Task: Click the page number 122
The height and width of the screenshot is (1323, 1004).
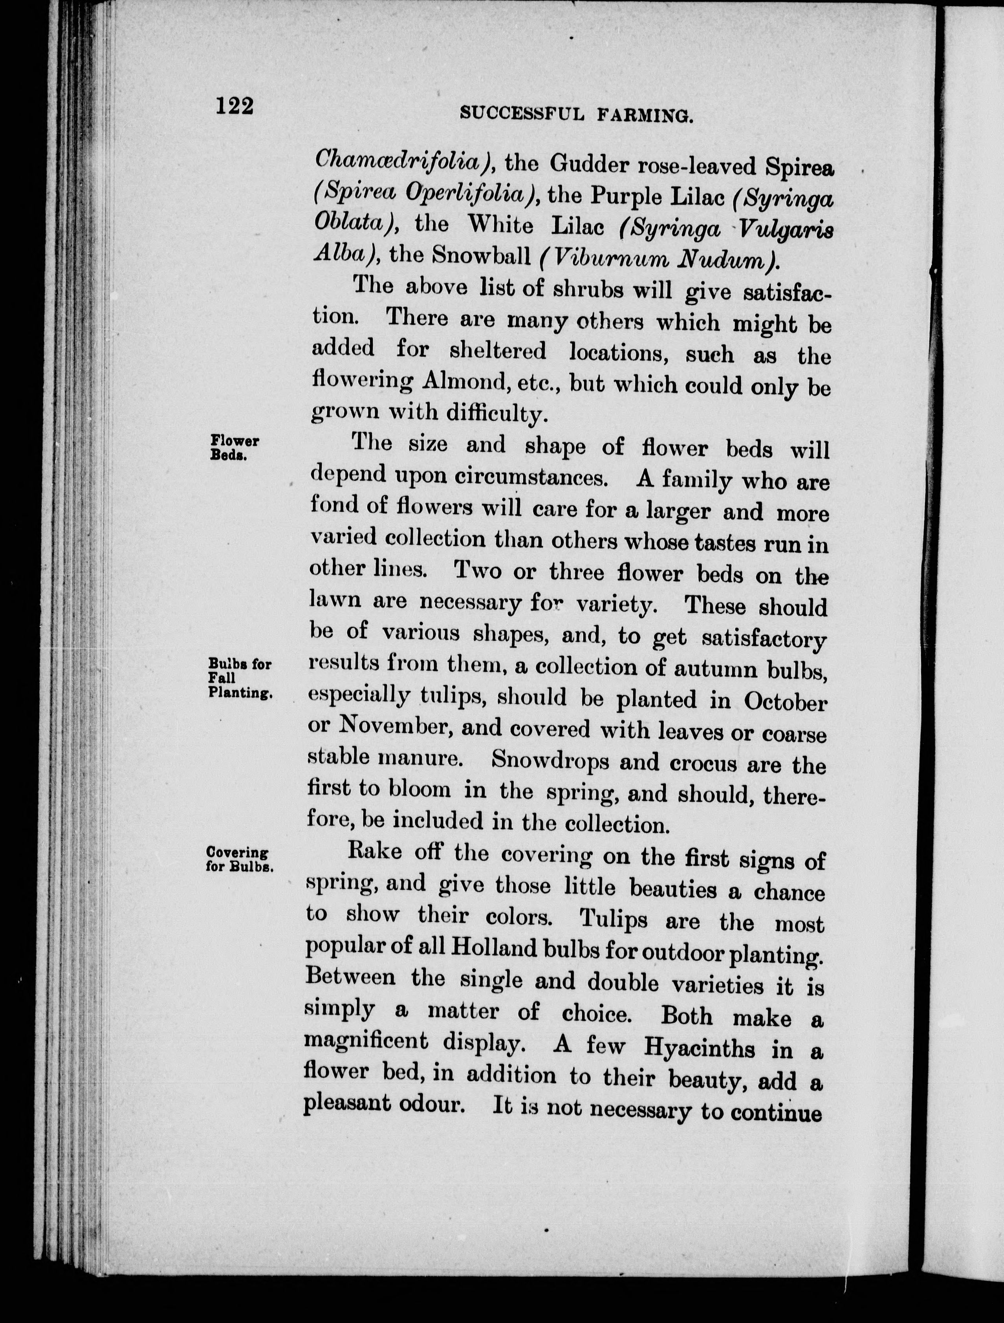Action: click(x=235, y=106)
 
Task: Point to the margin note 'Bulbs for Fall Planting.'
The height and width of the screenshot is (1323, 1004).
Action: click(x=240, y=678)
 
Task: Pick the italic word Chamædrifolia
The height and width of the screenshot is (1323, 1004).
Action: click(x=403, y=160)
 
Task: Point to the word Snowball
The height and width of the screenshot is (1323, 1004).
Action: click(x=481, y=255)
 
